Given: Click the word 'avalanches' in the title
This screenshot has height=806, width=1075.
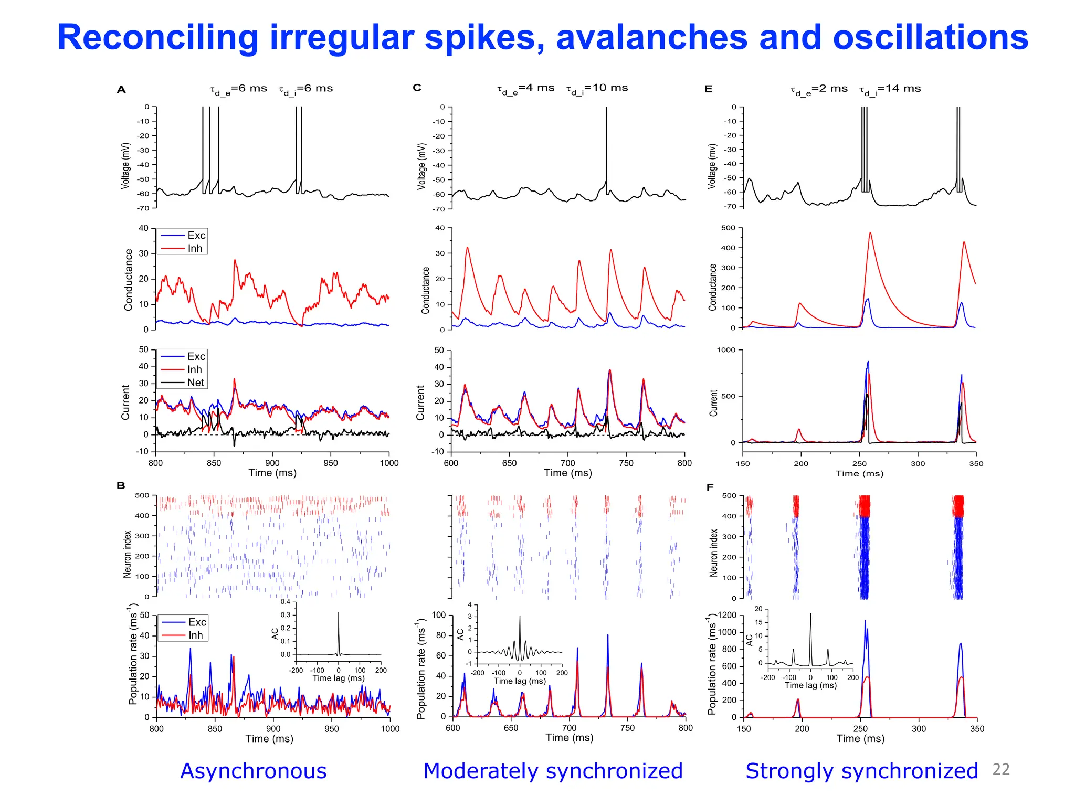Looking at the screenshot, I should click(x=651, y=38).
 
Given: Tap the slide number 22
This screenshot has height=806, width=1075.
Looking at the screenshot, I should click(x=1000, y=769).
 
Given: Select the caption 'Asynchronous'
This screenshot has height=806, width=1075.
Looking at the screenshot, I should click(x=253, y=771).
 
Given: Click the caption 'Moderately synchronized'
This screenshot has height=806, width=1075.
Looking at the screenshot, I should click(x=553, y=771).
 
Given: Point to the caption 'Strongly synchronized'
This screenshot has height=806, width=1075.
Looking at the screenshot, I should click(x=861, y=771).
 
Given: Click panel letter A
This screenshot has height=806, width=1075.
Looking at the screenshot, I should click(x=121, y=90).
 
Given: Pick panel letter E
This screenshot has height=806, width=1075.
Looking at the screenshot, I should click(x=708, y=89).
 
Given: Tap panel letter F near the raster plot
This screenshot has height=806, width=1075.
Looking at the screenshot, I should click(x=710, y=487).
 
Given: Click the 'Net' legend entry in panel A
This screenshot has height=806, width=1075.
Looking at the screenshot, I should click(x=195, y=383).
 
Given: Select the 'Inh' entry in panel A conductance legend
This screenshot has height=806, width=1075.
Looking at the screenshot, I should click(x=195, y=248).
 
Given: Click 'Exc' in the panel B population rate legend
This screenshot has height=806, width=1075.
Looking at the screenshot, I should click(x=197, y=622).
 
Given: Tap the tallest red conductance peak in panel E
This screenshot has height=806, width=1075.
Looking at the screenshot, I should click(x=870, y=234).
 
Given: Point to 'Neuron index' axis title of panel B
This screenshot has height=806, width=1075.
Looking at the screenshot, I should click(x=127, y=554).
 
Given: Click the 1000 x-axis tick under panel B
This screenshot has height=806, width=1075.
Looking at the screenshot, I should click(x=390, y=729).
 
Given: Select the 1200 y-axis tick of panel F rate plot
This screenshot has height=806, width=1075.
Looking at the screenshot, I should click(x=727, y=615).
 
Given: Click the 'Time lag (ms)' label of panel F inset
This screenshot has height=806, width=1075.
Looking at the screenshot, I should click(x=810, y=685).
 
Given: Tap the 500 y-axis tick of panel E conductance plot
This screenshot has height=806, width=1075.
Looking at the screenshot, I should click(x=728, y=228).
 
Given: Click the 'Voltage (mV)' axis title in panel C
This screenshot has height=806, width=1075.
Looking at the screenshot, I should click(x=421, y=166).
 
